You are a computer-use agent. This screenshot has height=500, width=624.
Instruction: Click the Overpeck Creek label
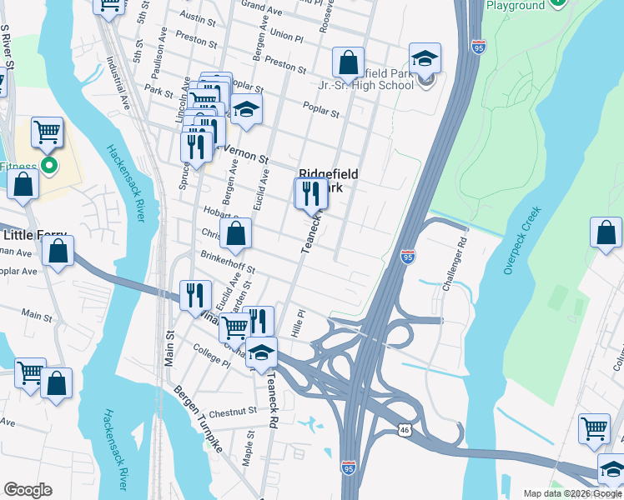tap(523, 241)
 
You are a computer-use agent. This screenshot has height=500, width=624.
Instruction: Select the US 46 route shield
tap(404, 429)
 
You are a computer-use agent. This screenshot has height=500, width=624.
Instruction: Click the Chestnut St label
tap(233, 412)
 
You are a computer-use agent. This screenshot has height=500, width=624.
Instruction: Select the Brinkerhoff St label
tap(227, 264)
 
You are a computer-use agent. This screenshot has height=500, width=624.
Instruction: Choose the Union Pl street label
tap(286, 36)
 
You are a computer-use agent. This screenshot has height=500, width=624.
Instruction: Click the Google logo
tap(28, 490)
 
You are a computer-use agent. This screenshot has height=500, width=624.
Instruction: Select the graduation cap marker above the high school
tap(425, 57)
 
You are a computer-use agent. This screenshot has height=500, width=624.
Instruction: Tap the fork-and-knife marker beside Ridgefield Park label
tap(311, 193)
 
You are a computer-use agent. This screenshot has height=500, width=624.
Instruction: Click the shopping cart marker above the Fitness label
tap(47, 132)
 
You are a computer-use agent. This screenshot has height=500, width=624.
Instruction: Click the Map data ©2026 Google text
tap(571, 493)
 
